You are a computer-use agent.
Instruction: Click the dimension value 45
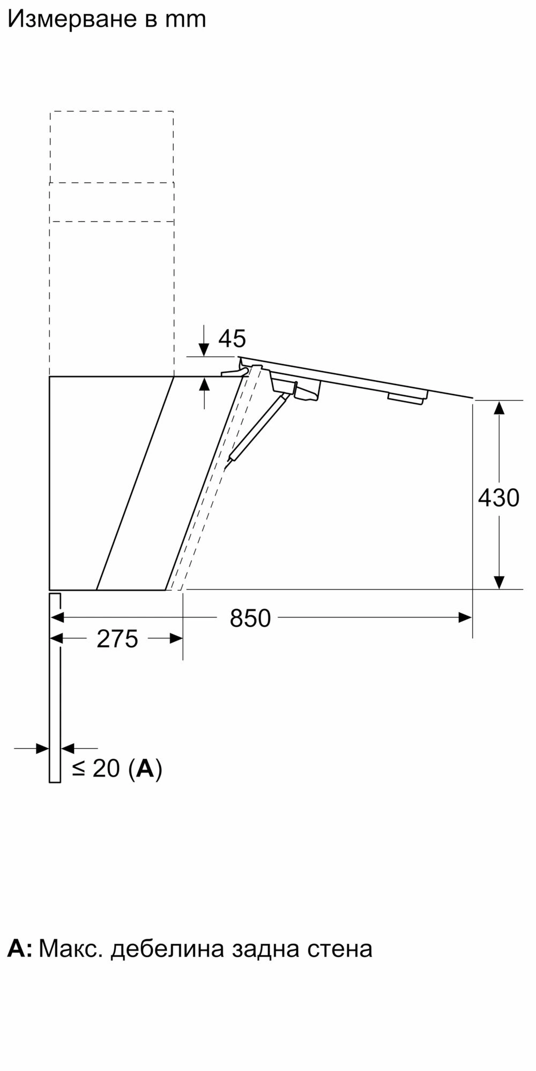tap(232, 338)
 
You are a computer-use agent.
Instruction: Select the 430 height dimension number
tap(498, 498)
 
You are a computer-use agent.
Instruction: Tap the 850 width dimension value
tap(250, 619)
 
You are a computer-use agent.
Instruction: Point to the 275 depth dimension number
tap(117, 639)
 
